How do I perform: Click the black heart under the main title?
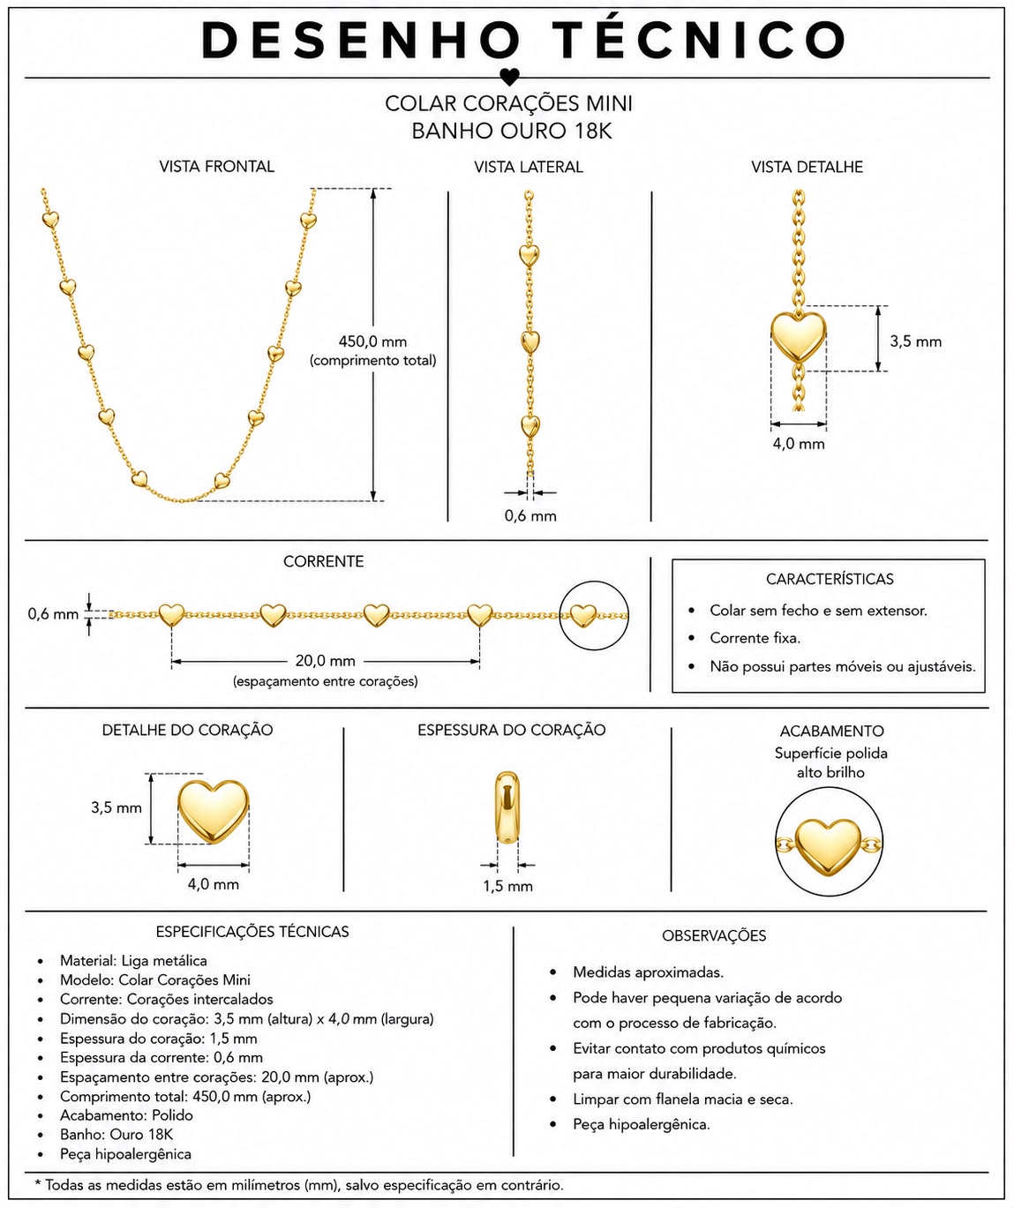pyautogui.click(x=509, y=77)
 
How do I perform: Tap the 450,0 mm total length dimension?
pyautogui.click(x=372, y=341)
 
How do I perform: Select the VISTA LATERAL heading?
pyautogui.click(x=529, y=167)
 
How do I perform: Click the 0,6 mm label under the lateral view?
pyautogui.click(x=530, y=515)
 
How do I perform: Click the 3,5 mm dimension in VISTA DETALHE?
pyautogui.click(x=916, y=341)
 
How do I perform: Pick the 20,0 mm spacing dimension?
pyautogui.click(x=326, y=661)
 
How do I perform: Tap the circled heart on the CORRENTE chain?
pyautogui.click(x=582, y=616)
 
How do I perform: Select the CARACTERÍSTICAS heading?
pyautogui.click(x=830, y=579)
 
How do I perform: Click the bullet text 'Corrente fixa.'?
pyautogui.click(x=755, y=638)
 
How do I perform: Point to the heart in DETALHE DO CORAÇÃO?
pyautogui.click(x=213, y=811)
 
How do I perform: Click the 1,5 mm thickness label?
pyautogui.click(x=507, y=886)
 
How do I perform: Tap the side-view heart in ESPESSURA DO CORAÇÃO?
pyautogui.click(x=507, y=807)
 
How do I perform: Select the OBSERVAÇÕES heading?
pyautogui.click(x=714, y=936)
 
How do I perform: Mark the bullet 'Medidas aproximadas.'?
pyautogui.click(x=649, y=972)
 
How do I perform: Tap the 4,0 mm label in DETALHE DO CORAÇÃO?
pyautogui.click(x=213, y=884)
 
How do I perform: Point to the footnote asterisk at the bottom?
pyautogui.click(x=38, y=1182)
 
